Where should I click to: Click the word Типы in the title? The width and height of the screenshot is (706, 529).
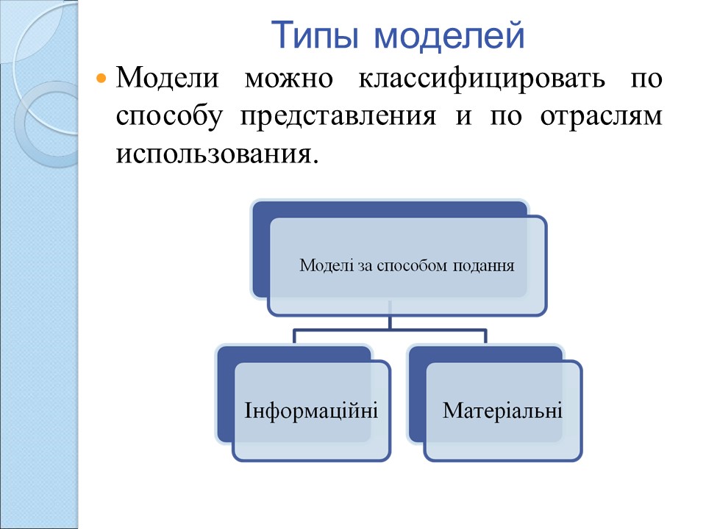coord(315,36)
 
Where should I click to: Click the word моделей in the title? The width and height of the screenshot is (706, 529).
coord(449,35)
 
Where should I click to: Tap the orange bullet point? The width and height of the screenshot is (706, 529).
coord(101,79)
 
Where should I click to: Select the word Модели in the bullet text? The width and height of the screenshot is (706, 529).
coord(168,77)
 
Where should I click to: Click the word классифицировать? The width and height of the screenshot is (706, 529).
coord(482,79)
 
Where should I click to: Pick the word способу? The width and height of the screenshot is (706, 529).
coord(169,116)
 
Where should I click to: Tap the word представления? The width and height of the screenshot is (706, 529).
coord(338,117)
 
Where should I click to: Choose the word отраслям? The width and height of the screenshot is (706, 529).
coord(601,118)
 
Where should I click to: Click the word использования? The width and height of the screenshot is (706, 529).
coord(213,155)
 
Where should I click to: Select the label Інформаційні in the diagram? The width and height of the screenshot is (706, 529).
coord(310,410)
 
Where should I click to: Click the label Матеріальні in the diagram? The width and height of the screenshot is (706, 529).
coord(502,410)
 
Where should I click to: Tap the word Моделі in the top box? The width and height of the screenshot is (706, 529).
coord(327,265)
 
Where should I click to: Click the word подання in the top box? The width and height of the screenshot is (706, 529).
coord(483,266)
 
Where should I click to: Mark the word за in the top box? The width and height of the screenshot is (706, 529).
coord(366,266)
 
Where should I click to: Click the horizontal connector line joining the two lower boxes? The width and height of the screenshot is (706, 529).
coord(390,330)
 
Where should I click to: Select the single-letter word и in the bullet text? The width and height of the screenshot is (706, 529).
coord(463,117)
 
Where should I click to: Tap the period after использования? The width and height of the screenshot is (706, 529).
coord(315,162)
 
